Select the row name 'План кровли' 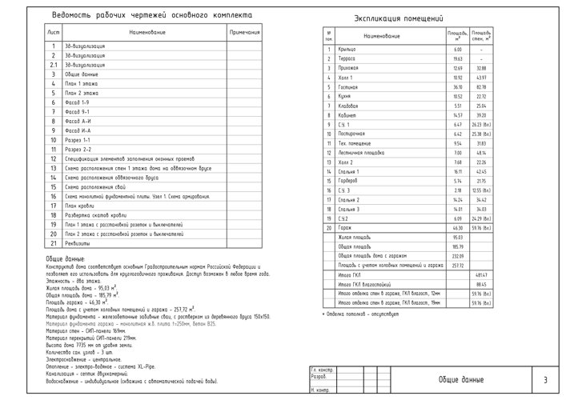tap(81, 206)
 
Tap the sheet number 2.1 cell tap(53, 65)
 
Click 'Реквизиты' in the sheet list tap(79, 242)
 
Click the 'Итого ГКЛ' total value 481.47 tap(481, 274)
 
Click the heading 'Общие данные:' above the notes tap(63, 259)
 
